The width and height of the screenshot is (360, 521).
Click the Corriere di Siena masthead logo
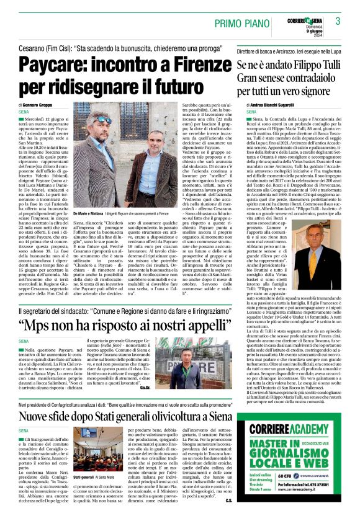tap(307, 21)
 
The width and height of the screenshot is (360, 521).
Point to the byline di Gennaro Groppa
tap(40, 107)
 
